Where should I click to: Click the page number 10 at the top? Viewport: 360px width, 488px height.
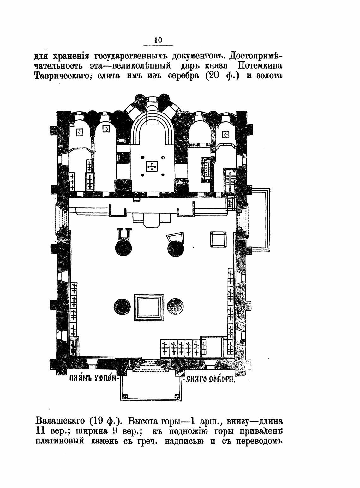click(x=158, y=40)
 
